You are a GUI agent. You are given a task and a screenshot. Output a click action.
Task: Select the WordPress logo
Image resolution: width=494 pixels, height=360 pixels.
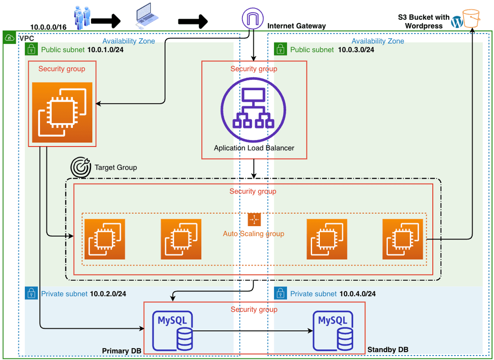pos(457,22)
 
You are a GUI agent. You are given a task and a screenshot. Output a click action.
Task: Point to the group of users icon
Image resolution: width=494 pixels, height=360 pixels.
pos(82,16)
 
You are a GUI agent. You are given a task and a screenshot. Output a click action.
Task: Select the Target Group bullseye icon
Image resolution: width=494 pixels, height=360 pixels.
pos(81,167)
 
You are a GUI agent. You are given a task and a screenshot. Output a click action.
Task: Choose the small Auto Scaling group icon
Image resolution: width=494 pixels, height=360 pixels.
pos(254,220)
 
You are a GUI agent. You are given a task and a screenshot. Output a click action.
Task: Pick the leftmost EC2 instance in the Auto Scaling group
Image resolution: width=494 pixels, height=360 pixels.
pos(105,239)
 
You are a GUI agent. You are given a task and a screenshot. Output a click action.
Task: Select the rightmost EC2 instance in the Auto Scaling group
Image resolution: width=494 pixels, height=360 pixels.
pos(402,239)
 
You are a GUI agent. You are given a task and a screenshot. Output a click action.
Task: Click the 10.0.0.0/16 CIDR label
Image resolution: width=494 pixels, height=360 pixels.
pos(48,27)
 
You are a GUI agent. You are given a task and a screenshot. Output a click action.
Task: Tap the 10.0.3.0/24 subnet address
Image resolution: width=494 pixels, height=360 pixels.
pos(356,50)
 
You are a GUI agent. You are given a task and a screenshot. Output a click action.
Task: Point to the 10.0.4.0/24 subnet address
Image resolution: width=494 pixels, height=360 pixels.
pos(357,294)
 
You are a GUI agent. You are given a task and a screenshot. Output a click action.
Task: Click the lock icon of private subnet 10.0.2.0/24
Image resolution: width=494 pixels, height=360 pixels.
pos(30,293)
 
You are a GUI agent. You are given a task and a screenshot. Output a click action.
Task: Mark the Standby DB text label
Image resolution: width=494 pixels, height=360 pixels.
pos(388,350)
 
